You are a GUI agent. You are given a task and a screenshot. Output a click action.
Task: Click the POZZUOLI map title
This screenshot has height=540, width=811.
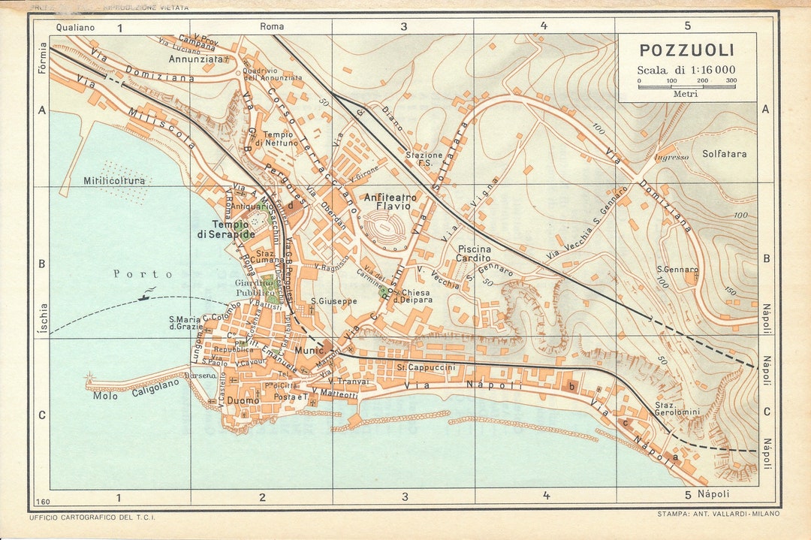(686, 51)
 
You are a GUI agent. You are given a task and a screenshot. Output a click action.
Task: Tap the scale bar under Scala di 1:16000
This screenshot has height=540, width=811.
(687, 86)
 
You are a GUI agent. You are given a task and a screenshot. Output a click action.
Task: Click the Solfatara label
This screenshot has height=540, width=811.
(724, 154)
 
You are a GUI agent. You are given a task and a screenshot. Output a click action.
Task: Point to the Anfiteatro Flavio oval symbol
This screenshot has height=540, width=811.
(387, 224)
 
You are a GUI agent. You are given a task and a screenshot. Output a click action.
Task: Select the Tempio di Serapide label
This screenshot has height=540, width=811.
(226, 229)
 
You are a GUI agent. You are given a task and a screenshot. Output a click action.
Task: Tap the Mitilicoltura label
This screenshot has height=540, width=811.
(114, 181)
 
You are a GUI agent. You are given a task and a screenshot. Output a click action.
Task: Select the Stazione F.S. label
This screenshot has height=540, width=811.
(425, 158)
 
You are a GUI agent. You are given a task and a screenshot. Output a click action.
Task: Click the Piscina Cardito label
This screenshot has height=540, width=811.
(474, 253)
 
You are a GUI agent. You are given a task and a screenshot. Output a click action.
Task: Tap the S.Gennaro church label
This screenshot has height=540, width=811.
(677, 269)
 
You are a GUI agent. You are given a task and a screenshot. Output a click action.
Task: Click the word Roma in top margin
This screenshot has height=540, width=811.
(272, 26)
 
